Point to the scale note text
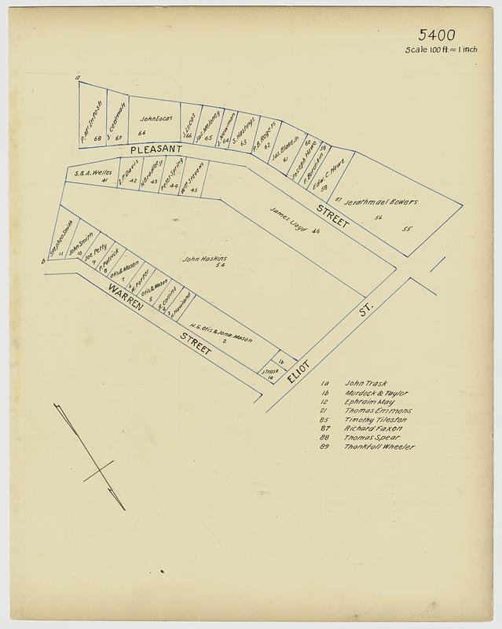442,50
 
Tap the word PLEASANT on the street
157,149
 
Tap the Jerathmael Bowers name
385,203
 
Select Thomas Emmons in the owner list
379,410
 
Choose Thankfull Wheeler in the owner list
379,447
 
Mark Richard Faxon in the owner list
373,429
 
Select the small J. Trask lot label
271,370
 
